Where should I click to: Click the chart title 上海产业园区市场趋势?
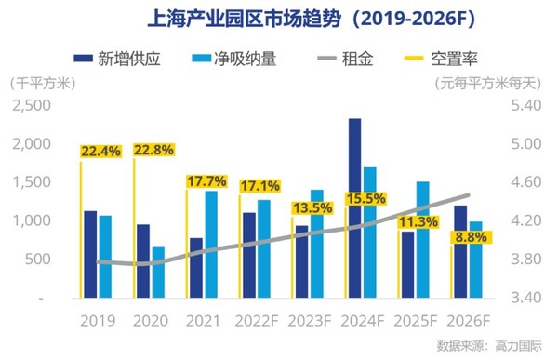coord(278,18)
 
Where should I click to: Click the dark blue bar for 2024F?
coord(354,208)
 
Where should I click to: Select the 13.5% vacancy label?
coord(314,207)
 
